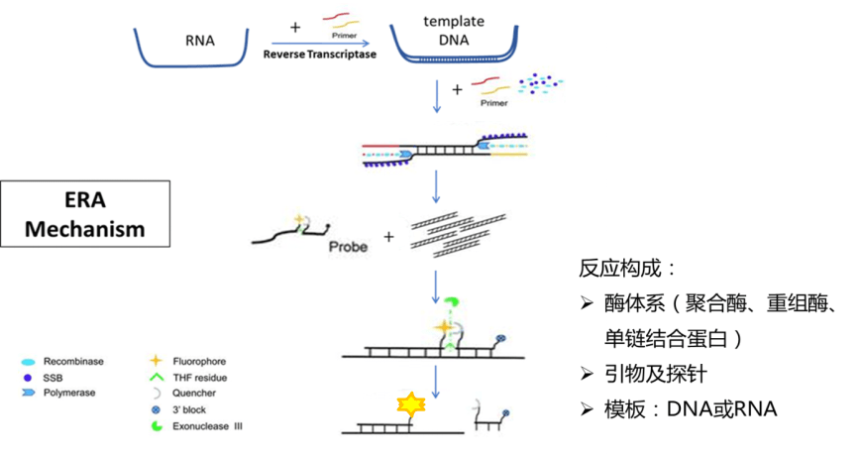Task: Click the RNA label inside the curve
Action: point(199,41)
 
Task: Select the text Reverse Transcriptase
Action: point(319,55)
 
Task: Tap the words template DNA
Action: point(454,31)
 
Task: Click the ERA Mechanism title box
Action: point(85,214)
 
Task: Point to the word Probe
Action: point(348,247)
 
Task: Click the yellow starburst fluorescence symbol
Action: point(411,404)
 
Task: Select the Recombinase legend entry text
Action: point(73,361)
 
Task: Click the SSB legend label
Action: point(53,378)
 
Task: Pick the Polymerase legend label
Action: point(69,393)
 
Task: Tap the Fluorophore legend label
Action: point(199,361)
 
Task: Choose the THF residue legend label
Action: point(199,378)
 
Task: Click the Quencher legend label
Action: point(193,394)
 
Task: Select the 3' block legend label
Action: point(189,409)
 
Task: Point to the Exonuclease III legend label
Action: point(207,426)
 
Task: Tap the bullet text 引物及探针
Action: point(655,374)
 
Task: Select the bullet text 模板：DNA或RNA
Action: point(691,409)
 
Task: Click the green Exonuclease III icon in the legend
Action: point(157,426)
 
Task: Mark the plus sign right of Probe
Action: point(388,237)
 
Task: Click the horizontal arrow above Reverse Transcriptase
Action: point(320,44)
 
